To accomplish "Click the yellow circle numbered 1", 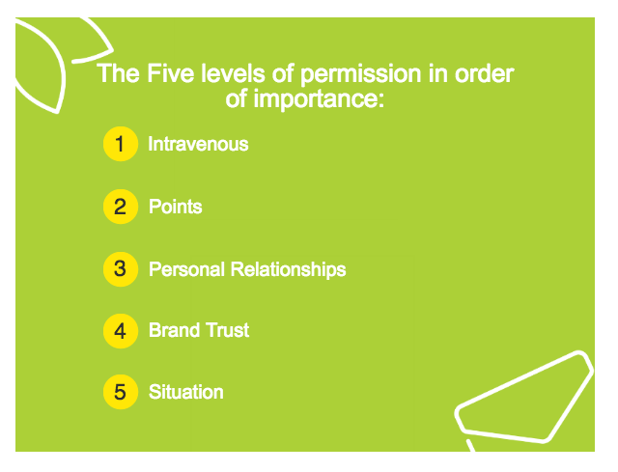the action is coord(121,144).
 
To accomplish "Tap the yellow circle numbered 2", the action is coord(121,207).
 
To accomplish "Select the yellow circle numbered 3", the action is coord(121,269).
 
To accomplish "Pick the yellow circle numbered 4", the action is coord(121,331).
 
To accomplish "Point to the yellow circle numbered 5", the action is coord(121,392).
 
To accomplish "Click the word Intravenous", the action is coord(198,144).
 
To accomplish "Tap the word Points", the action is coord(176,207).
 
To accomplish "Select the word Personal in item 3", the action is coord(186,269).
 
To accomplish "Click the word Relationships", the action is coord(288,270).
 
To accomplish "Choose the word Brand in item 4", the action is coord(174,330).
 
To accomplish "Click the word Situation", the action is coord(186,392).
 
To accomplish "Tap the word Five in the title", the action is coord(171,73).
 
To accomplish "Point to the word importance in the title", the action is coord(319,99).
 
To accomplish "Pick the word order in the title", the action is coord(485,73).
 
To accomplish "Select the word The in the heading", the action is coord(118,73).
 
